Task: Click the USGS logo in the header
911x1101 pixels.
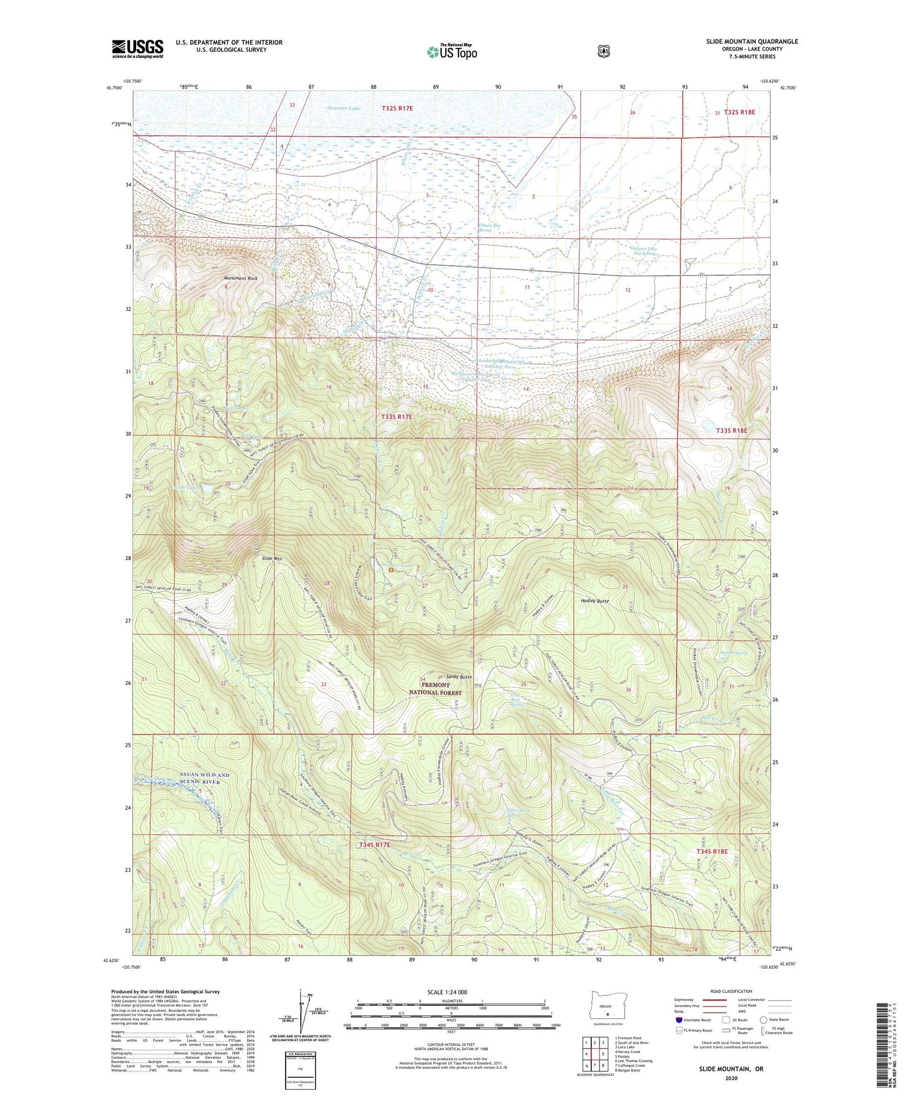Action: coord(137,49)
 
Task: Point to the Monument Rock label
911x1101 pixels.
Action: coord(240,278)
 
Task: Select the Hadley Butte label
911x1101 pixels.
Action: coord(595,601)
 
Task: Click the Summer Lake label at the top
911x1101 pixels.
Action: coord(344,108)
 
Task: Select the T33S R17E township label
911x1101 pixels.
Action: coord(397,417)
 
